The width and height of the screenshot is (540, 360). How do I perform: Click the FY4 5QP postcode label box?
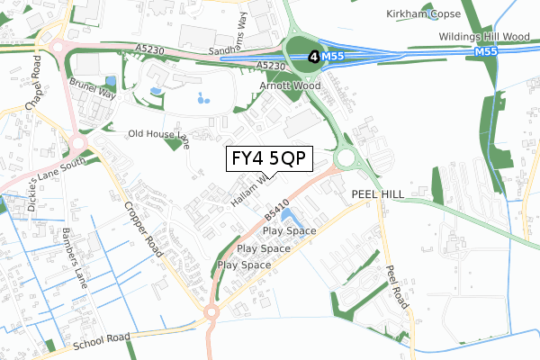(x=268, y=158)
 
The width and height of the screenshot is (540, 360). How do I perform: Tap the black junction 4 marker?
(x=312, y=56)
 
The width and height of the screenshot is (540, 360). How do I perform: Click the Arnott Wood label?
(x=287, y=85)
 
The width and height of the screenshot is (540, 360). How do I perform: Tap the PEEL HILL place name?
(x=376, y=193)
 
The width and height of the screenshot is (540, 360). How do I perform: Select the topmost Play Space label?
(x=290, y=230)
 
